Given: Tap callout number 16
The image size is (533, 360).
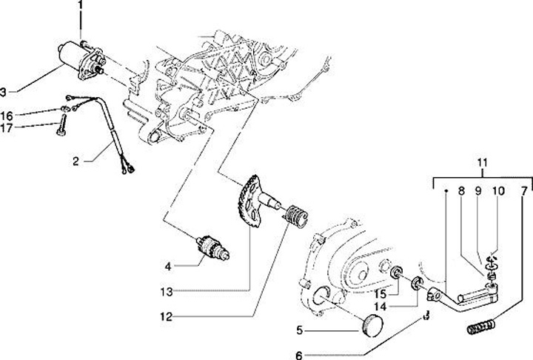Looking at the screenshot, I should point(7,115).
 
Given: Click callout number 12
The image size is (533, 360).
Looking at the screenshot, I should point(168,317).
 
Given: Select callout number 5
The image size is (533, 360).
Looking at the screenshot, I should point(299,329).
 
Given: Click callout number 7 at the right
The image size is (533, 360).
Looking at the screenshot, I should point(523,190).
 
